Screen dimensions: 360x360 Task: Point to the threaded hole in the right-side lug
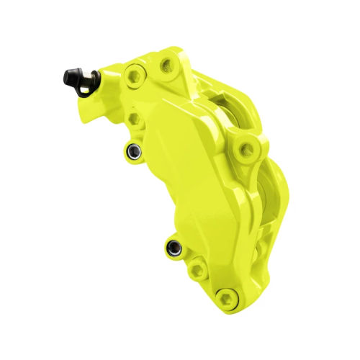248,150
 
